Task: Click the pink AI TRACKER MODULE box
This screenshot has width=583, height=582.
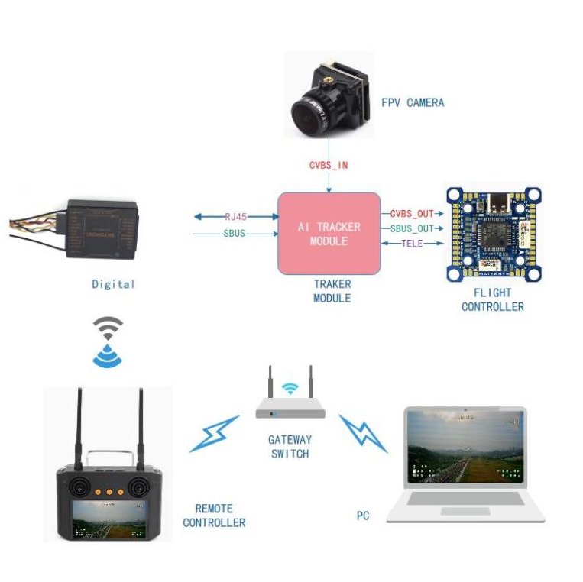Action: coord(329,234)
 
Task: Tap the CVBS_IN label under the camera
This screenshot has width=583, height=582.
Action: coord(329,165)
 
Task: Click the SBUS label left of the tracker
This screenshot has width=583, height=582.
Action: coord(235,233)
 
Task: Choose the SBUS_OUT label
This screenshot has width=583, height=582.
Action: coord(412,228)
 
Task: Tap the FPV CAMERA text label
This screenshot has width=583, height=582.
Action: coord(413,102)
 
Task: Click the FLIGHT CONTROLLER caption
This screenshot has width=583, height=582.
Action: coord(493,299)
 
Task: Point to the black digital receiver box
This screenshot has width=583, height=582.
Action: coord(102,225)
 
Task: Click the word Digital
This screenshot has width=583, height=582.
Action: coord(113,284)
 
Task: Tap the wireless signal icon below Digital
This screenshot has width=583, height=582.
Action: coord(107,341)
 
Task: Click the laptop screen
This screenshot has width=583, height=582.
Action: coord(465,448)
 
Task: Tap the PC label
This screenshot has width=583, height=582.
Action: coord(362,516)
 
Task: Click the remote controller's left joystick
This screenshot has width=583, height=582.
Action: coord(79,487)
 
